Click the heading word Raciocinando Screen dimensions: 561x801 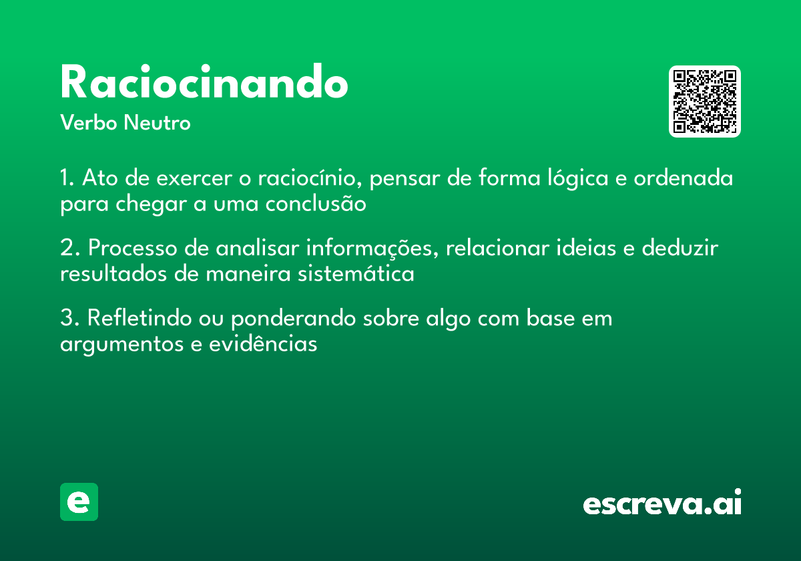204,83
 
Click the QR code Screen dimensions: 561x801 705,102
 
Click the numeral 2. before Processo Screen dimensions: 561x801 70,248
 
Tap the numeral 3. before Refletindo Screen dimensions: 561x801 70,319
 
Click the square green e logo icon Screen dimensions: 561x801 79,502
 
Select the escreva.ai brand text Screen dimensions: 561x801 662,503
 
